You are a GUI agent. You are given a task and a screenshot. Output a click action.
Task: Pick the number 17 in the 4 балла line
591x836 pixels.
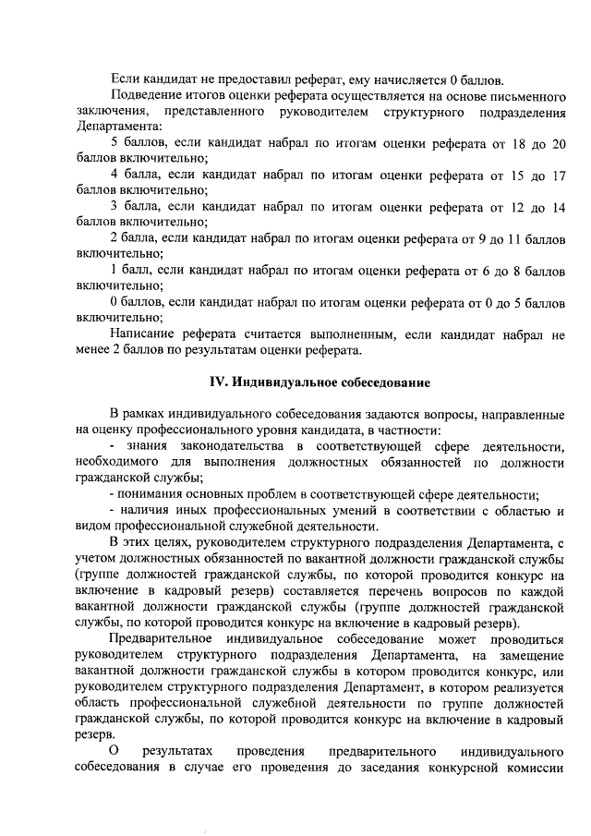click(x=557, y=175)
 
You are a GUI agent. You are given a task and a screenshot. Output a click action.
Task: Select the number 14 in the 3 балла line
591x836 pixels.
click(x=557, y=207)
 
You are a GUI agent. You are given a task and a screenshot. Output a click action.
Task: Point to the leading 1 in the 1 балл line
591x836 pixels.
click(x=113, y=271)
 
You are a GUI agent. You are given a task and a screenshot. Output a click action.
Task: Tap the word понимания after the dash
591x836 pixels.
click(x=153, y=494)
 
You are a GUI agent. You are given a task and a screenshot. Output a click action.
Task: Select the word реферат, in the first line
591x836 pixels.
click(x=290, y=79)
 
